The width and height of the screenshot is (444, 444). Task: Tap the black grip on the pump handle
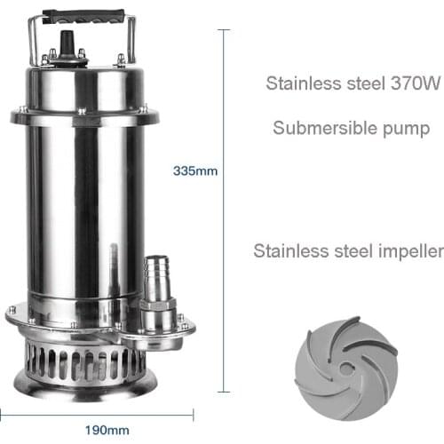tap(86, 17)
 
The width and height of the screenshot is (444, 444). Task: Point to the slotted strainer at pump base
tap(83, 364)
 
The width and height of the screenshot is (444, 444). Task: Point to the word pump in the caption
tap(409, 129)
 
